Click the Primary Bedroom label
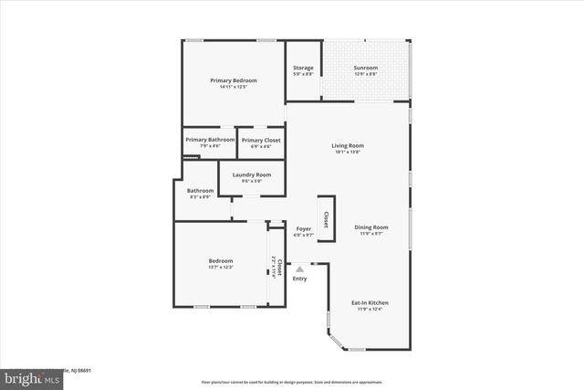pos(234,80)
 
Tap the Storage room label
pos(303,69)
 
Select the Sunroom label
pos(366,69)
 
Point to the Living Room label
pos(348,145)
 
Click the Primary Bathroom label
pos(203,140)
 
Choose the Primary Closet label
pos(261,140)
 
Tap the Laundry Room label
pos(251,174)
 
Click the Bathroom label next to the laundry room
pos(200,191)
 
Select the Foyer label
pos(304,228)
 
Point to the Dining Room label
pos(371,227)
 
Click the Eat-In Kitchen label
pos(370,302)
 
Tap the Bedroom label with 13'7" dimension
pos(221,260)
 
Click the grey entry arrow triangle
pos(299,269)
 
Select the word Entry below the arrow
pos(299,278)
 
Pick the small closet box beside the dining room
pos(325,218)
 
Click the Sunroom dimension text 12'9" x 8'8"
pos(366,75)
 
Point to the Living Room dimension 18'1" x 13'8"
pos(348,152)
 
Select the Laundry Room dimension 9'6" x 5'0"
pos(251,181)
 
